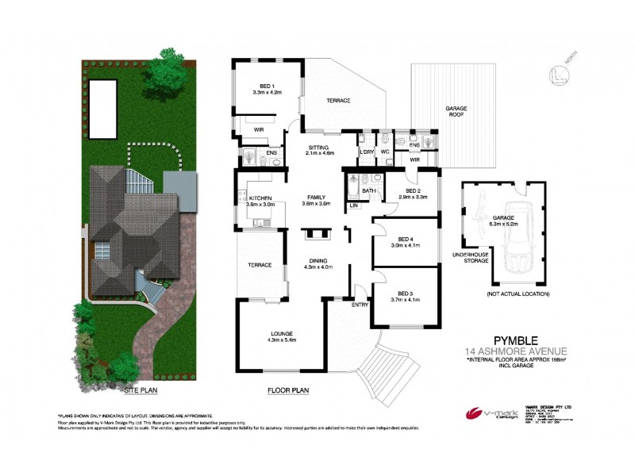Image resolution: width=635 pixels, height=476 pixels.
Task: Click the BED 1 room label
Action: click(x=267, y=86)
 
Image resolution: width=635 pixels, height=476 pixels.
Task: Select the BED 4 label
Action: click(x=405, y=240)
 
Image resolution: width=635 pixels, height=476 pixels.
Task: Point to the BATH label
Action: click(x=368, y=190)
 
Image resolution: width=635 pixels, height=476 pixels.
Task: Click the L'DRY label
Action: click(x=367, y=152)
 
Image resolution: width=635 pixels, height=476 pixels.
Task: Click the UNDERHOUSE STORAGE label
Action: click(x=469, y=258)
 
